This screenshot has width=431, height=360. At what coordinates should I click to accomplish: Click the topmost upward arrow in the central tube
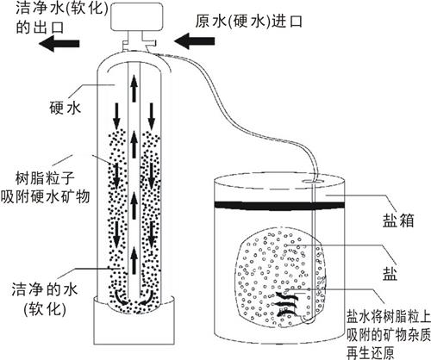pyautogui.click(x=134, y=84)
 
